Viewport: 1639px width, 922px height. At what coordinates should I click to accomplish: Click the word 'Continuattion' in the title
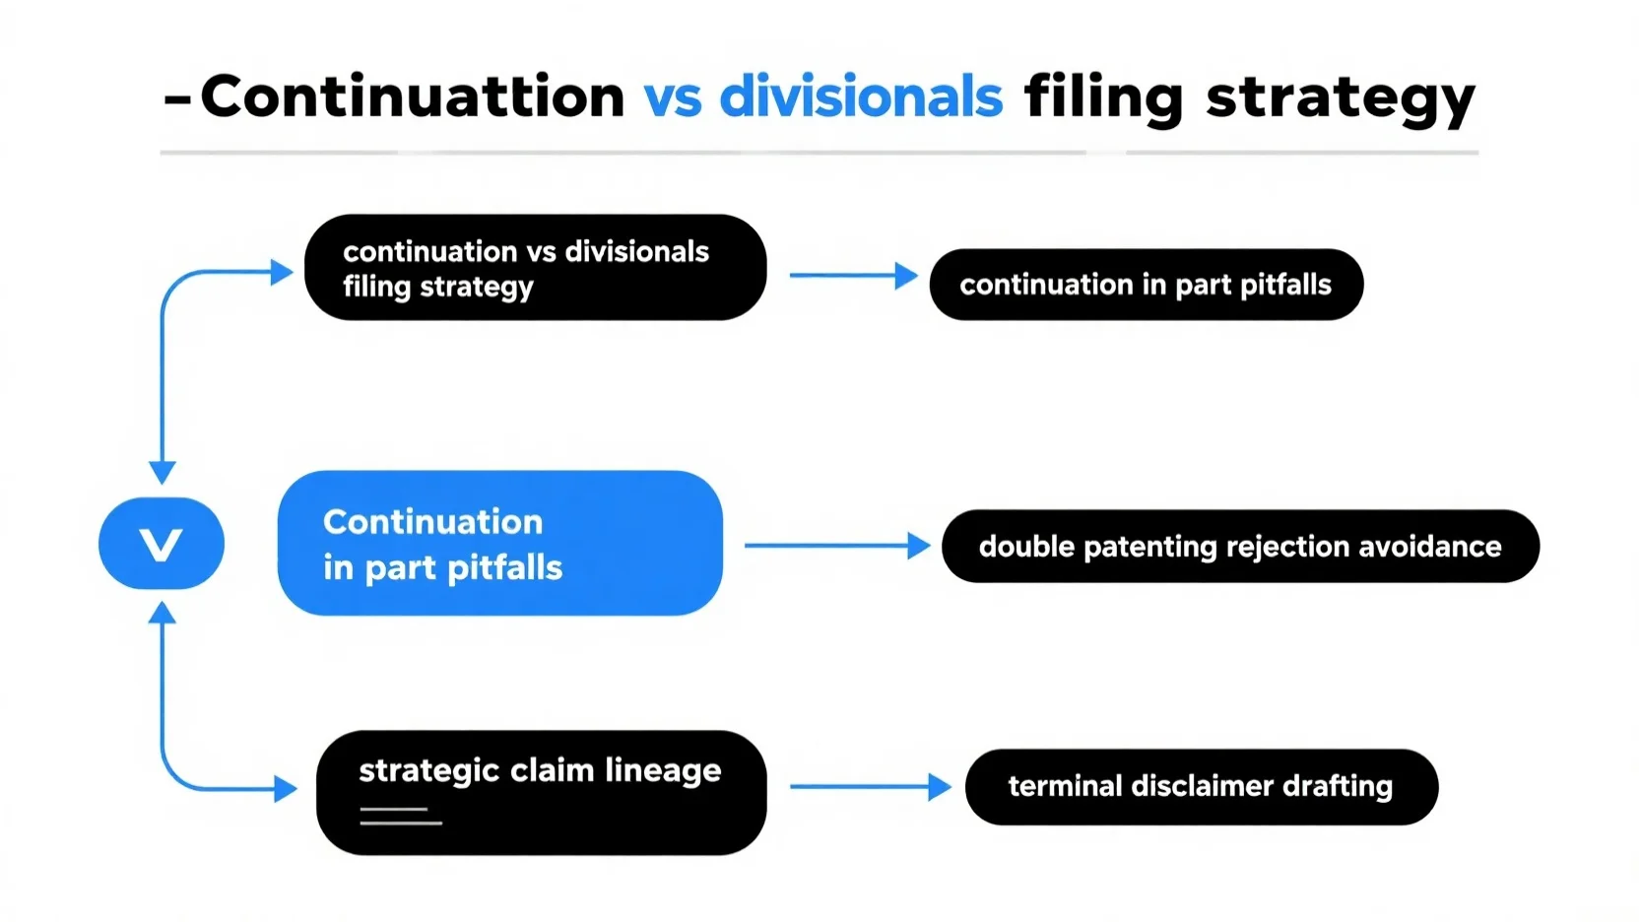(x=413, y=97)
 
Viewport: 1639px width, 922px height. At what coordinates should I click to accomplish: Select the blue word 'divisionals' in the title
(x=861, y=96)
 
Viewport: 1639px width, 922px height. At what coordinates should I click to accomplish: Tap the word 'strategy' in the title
(x=1341, y=101)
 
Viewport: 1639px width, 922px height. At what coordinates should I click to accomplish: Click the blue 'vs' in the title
(x=673, y=101)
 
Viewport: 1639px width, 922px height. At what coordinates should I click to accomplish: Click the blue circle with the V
(x=162, y=543)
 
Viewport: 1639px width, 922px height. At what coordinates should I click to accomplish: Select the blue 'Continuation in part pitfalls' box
(x=500, y=543)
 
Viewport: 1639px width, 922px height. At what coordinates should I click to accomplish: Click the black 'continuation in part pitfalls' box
(x=1147, y=284)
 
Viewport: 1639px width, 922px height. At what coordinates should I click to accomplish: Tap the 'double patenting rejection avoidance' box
(x=1240, y=546)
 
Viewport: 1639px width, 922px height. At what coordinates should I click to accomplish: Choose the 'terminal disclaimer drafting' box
(x=1202, y=787)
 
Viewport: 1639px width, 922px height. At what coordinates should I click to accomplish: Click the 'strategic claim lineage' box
(x=542, y=793)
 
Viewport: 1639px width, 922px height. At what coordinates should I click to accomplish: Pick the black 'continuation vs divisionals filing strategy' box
(x=536, y=267)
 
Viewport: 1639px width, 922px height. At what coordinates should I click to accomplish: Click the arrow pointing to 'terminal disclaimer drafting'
(x=871, y=787)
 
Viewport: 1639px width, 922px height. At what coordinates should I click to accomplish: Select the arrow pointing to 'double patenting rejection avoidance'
(x=837, y=545)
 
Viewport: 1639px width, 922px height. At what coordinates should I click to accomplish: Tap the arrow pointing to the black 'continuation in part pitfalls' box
(x=854, y=275)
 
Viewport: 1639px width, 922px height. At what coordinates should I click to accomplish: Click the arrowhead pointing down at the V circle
(x=162, y=472)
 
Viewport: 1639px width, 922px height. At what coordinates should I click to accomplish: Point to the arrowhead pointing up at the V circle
(x=162, y=613)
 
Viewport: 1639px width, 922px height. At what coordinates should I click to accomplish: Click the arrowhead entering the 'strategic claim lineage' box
(x=286, y=789)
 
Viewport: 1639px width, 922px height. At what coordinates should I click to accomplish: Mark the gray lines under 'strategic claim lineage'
(x=401, y=816)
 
